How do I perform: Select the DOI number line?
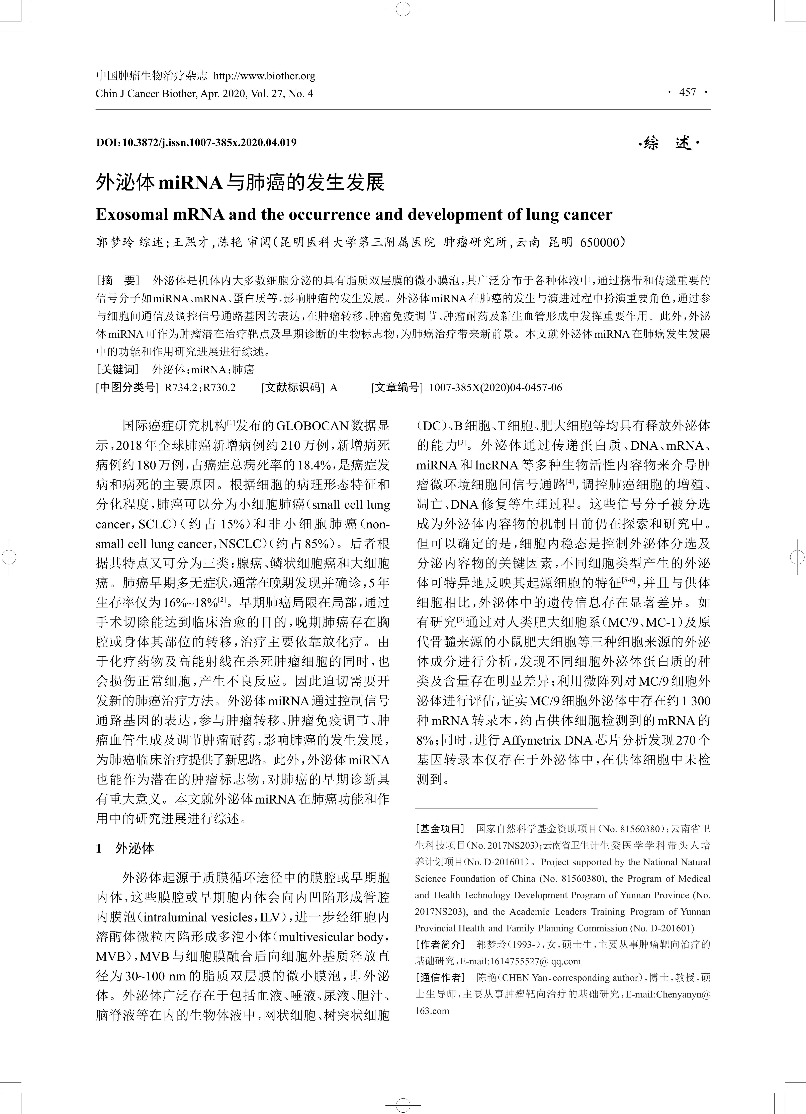pos(196,142)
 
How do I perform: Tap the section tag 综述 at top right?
pos(668,143)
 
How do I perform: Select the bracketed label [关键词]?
pos(118,369)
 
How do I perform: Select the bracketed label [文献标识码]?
pos(293,387)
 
